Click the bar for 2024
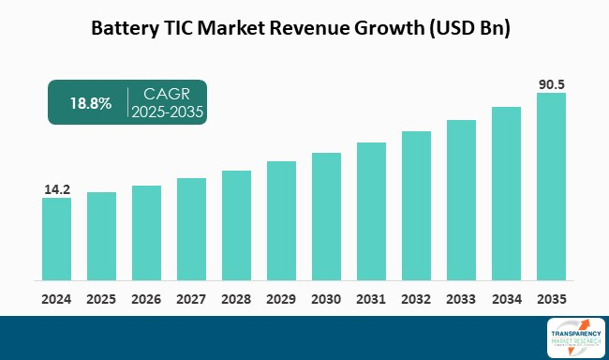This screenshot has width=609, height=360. [56, 238]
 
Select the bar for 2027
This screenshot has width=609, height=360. [191, 229]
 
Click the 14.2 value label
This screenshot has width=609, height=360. [57, 189]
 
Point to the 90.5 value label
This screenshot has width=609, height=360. [551, 83]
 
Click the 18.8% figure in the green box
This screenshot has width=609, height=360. [89, 103]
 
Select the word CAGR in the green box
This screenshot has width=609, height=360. [167, 95]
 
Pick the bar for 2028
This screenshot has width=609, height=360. [236, 225]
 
